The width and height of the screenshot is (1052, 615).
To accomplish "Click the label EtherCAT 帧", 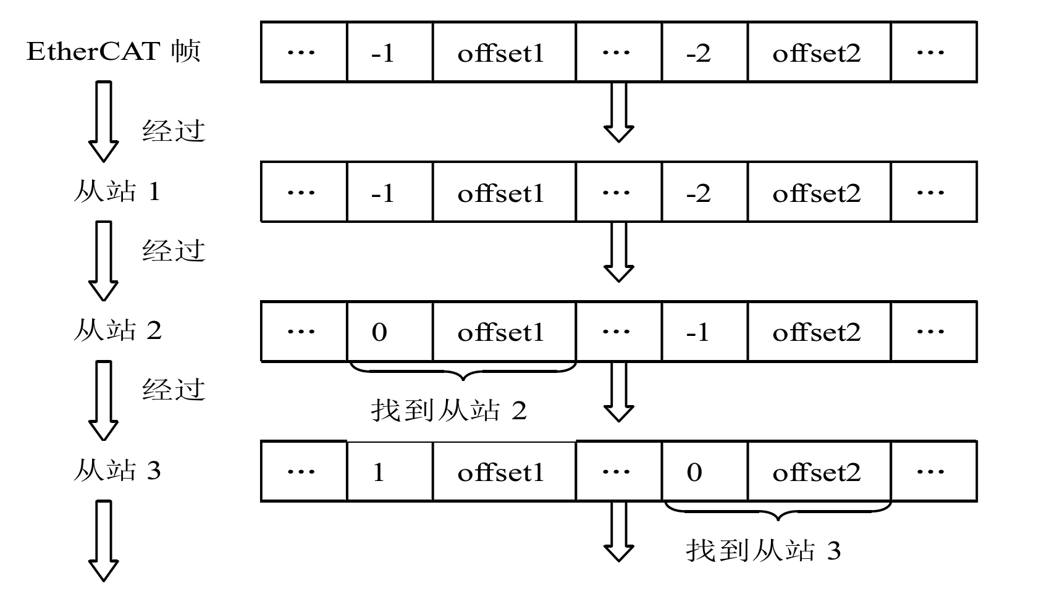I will click(114, 51).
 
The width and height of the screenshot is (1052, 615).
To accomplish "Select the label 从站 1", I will click(117, 191).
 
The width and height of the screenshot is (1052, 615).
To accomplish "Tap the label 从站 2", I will click(117, 331).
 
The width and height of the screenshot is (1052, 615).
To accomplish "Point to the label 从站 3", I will click(117, 471).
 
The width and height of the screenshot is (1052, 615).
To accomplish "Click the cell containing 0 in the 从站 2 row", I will click(389, 332).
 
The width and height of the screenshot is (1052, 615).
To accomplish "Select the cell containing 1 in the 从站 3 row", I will click(389, 472).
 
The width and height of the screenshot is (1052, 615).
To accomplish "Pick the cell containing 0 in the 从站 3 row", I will click(704, 472).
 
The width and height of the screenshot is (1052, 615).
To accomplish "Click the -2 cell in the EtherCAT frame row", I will click(704, 52).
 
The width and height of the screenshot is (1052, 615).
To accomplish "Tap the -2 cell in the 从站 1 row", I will click(704, 192).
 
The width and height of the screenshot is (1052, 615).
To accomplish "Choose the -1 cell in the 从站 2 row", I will click(704, 332).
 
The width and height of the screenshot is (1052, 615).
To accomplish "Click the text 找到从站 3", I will click(764, 550).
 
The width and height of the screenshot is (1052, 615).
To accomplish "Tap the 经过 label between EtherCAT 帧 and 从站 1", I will click(174, 131).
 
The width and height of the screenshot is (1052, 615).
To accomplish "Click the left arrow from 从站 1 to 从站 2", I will click(104, 261).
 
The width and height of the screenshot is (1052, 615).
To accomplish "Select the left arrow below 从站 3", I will click(104, 540).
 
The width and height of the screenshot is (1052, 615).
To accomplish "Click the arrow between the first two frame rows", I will click(618, 112).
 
